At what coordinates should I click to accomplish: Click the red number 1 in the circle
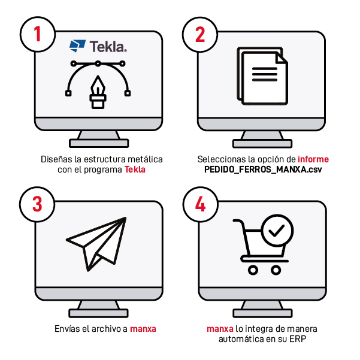click(x=37, y=34)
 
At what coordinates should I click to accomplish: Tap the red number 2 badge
click(x=200, y=34)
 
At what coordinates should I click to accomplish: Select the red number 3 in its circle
click(x=37, y=204)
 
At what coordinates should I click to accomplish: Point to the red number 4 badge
click(x=200, y=204)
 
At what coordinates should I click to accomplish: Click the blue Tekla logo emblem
click(x=77, y=46)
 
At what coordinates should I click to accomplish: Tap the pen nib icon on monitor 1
click(x=98, y=92)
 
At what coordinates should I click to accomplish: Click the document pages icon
click(x=262, y=76)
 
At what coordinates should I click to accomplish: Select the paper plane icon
click(x=96, y=244)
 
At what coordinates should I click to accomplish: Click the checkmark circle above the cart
click(x=277, y=231)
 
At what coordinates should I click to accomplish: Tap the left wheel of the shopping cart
click(x=253, y=270)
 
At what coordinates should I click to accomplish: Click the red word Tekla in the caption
click(x=135, y=170)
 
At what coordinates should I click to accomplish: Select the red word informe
click(x=313, y=159)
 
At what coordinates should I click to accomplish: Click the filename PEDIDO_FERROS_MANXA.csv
click(x=263, y=170)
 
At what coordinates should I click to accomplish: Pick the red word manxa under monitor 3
click(x=143, y=329)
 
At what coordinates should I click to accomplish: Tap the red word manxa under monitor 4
click(x=220, y=329)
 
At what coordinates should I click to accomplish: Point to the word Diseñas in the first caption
click(x=56, y=159)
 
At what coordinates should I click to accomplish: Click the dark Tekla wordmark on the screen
click(x=108, y=46)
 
